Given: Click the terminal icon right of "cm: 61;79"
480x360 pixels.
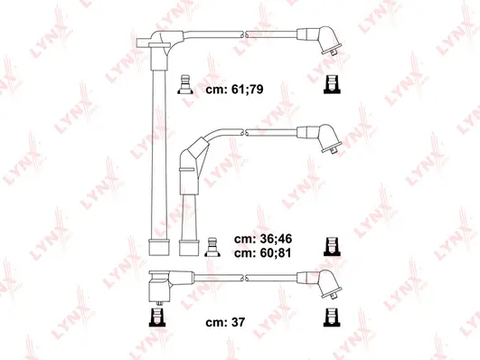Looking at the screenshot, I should click(330, 86).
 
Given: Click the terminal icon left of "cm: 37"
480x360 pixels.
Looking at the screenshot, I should click(155, 316).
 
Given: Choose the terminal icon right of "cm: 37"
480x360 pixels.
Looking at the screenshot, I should click(330, 316).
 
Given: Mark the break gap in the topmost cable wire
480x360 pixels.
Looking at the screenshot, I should click(243, 33).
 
